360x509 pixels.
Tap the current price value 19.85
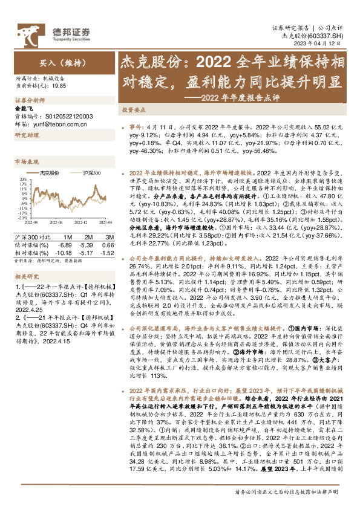pos(59,86)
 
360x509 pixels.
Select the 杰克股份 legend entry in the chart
pos(48,173)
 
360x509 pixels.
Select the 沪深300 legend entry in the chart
pos(89,173)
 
